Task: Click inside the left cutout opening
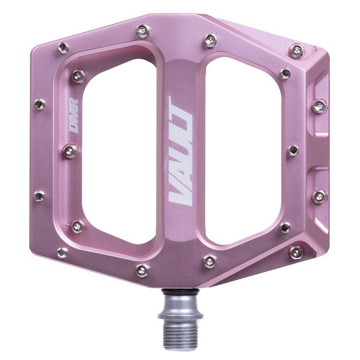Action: [119, 158]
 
